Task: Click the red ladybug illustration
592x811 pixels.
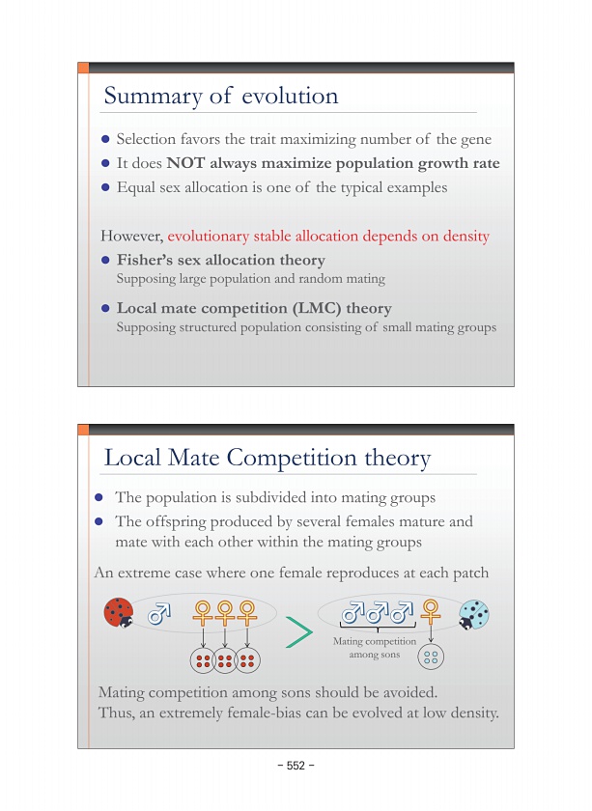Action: click(120, 612)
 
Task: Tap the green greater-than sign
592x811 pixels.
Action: click(300, 633)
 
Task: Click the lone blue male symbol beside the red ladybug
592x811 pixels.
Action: click(158, 613)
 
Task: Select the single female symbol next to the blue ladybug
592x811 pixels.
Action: click(431, 611)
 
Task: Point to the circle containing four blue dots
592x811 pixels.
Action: click(431, 657)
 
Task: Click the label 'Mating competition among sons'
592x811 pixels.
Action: click(374, 648)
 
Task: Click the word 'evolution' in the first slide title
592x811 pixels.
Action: click(290, 96)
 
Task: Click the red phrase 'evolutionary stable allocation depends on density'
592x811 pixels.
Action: click(328, 236)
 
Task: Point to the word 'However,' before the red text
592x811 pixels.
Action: click(132, 236)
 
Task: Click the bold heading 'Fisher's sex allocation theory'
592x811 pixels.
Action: click(220, 260)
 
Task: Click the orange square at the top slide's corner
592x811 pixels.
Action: click(83, 68)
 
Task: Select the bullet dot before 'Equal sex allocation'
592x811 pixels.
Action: click(107, 187)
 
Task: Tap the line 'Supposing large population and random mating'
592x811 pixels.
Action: click(250, 279)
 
